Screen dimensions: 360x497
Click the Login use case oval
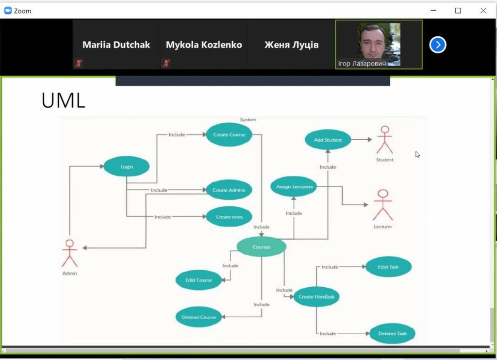pos(127,166)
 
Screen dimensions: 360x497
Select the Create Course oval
pos(229,134)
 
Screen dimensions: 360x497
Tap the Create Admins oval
pos(229,190)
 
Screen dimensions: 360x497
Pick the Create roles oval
pos(229,216)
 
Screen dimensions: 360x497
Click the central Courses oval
pos(261,247)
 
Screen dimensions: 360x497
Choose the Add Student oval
pos(328,140)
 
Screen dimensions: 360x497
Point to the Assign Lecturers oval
pos(294,186)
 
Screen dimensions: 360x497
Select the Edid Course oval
pos(199,280)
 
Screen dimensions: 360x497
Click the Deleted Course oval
pos(199,317)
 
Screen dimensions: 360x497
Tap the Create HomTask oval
pos(316,296)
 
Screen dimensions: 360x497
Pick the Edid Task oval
pos(388,266)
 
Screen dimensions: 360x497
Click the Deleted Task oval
pos(392,333)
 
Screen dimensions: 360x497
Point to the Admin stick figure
pos(69,253)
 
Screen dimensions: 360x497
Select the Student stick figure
pos(385,140)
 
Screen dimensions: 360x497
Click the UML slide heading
pos(63,100)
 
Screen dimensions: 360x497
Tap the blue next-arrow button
pos(438,45)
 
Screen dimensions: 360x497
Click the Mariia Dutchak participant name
pos(116,45)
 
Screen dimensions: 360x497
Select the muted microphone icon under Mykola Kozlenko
pos(166,63)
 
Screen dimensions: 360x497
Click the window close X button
pos(483,11)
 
